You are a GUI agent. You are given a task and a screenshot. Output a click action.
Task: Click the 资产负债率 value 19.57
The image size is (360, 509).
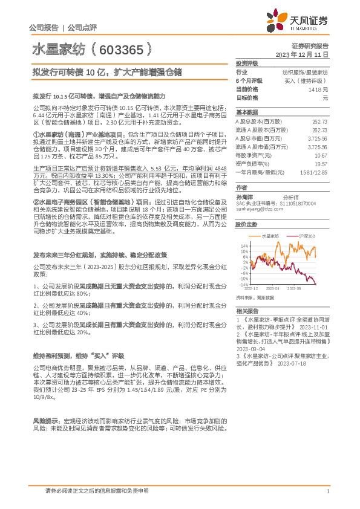[x=321, y=163]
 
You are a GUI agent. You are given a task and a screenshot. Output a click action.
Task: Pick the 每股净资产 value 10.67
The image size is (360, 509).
[x=321, y=155]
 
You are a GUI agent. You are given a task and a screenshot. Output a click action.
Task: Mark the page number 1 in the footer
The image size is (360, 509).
[x=327, y=491]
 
